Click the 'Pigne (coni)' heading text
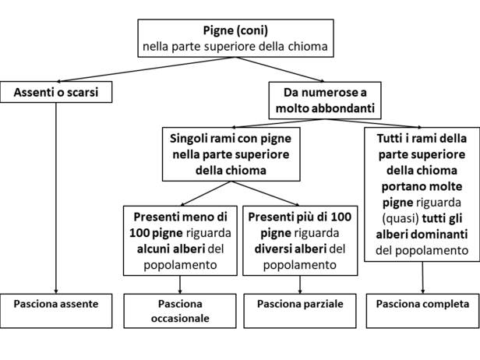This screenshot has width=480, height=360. [235, 30]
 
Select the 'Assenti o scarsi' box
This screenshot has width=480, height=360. [56, 92]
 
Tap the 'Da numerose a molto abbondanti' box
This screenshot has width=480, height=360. [325, 100]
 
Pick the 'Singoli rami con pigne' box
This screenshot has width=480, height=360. [231, 154]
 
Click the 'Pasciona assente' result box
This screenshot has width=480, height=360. [56, 311]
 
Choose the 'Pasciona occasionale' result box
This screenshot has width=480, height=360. [180, 311]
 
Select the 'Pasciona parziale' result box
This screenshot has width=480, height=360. [300, 311]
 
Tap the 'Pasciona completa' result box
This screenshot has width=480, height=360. [423, 311]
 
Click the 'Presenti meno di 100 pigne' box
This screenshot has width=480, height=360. [180, 241]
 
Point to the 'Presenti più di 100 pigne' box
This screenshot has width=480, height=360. [300, 241]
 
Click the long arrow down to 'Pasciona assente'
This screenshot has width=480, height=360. [56, 198]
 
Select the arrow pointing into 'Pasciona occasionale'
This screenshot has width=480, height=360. [180, 284]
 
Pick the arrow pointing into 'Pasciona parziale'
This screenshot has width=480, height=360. [300, 284]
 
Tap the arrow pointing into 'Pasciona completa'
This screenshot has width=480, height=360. [423, 277]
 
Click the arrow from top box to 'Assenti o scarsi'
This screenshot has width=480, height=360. [146, 69]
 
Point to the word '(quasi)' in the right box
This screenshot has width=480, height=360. [401, 218]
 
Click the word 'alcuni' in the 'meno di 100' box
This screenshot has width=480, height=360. [154, 249]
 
